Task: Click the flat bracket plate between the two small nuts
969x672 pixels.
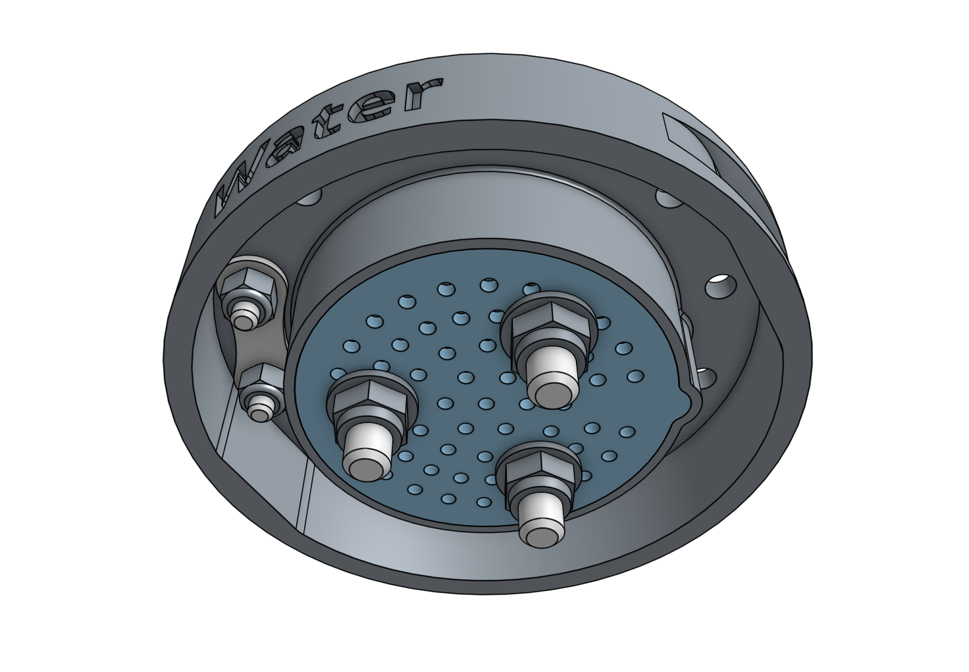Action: click(253, 343)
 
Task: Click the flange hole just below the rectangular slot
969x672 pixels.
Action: click(664, 196)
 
